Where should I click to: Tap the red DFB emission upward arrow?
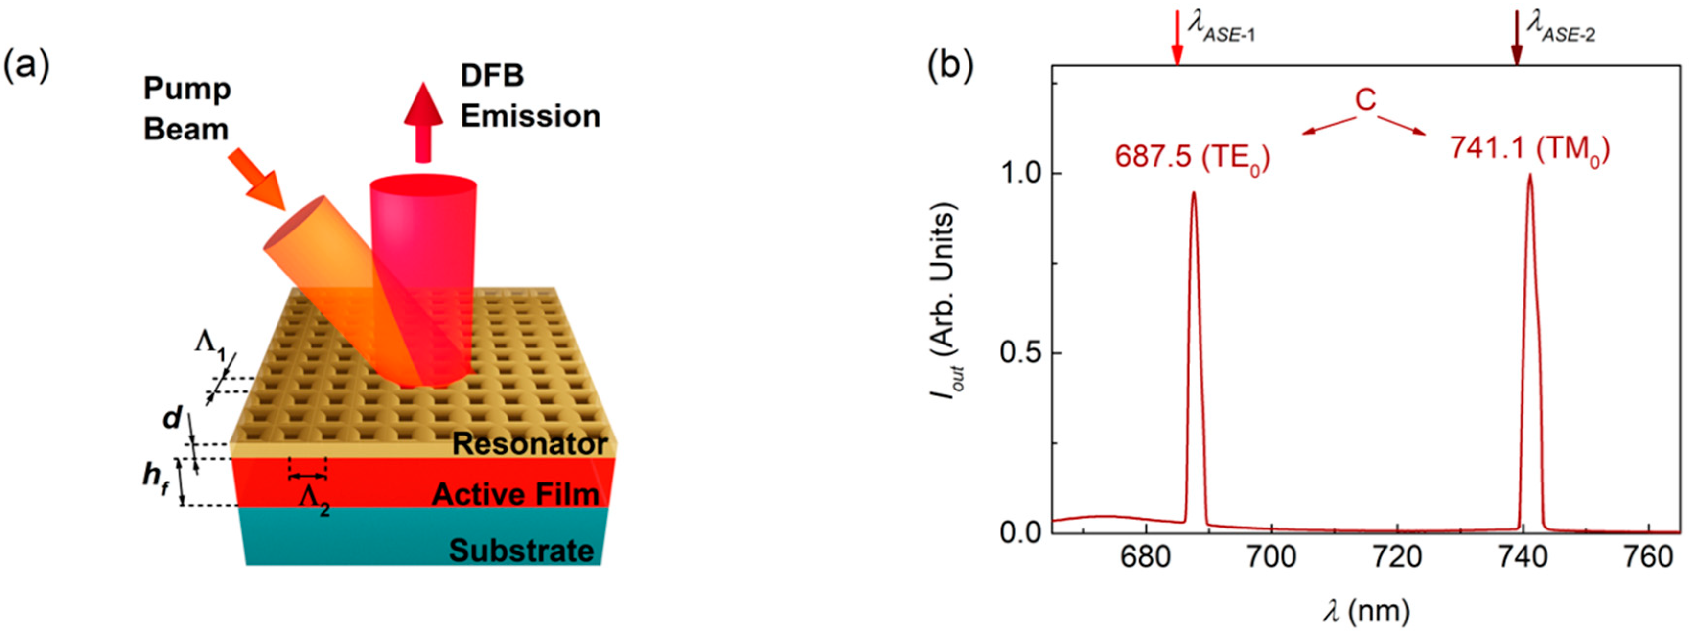click(423, 123)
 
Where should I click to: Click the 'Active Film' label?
click(515, 495)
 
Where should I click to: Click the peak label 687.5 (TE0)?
click(1192, 158)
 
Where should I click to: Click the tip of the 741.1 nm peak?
click(1530, 176)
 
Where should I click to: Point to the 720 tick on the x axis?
click(1397, 556)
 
